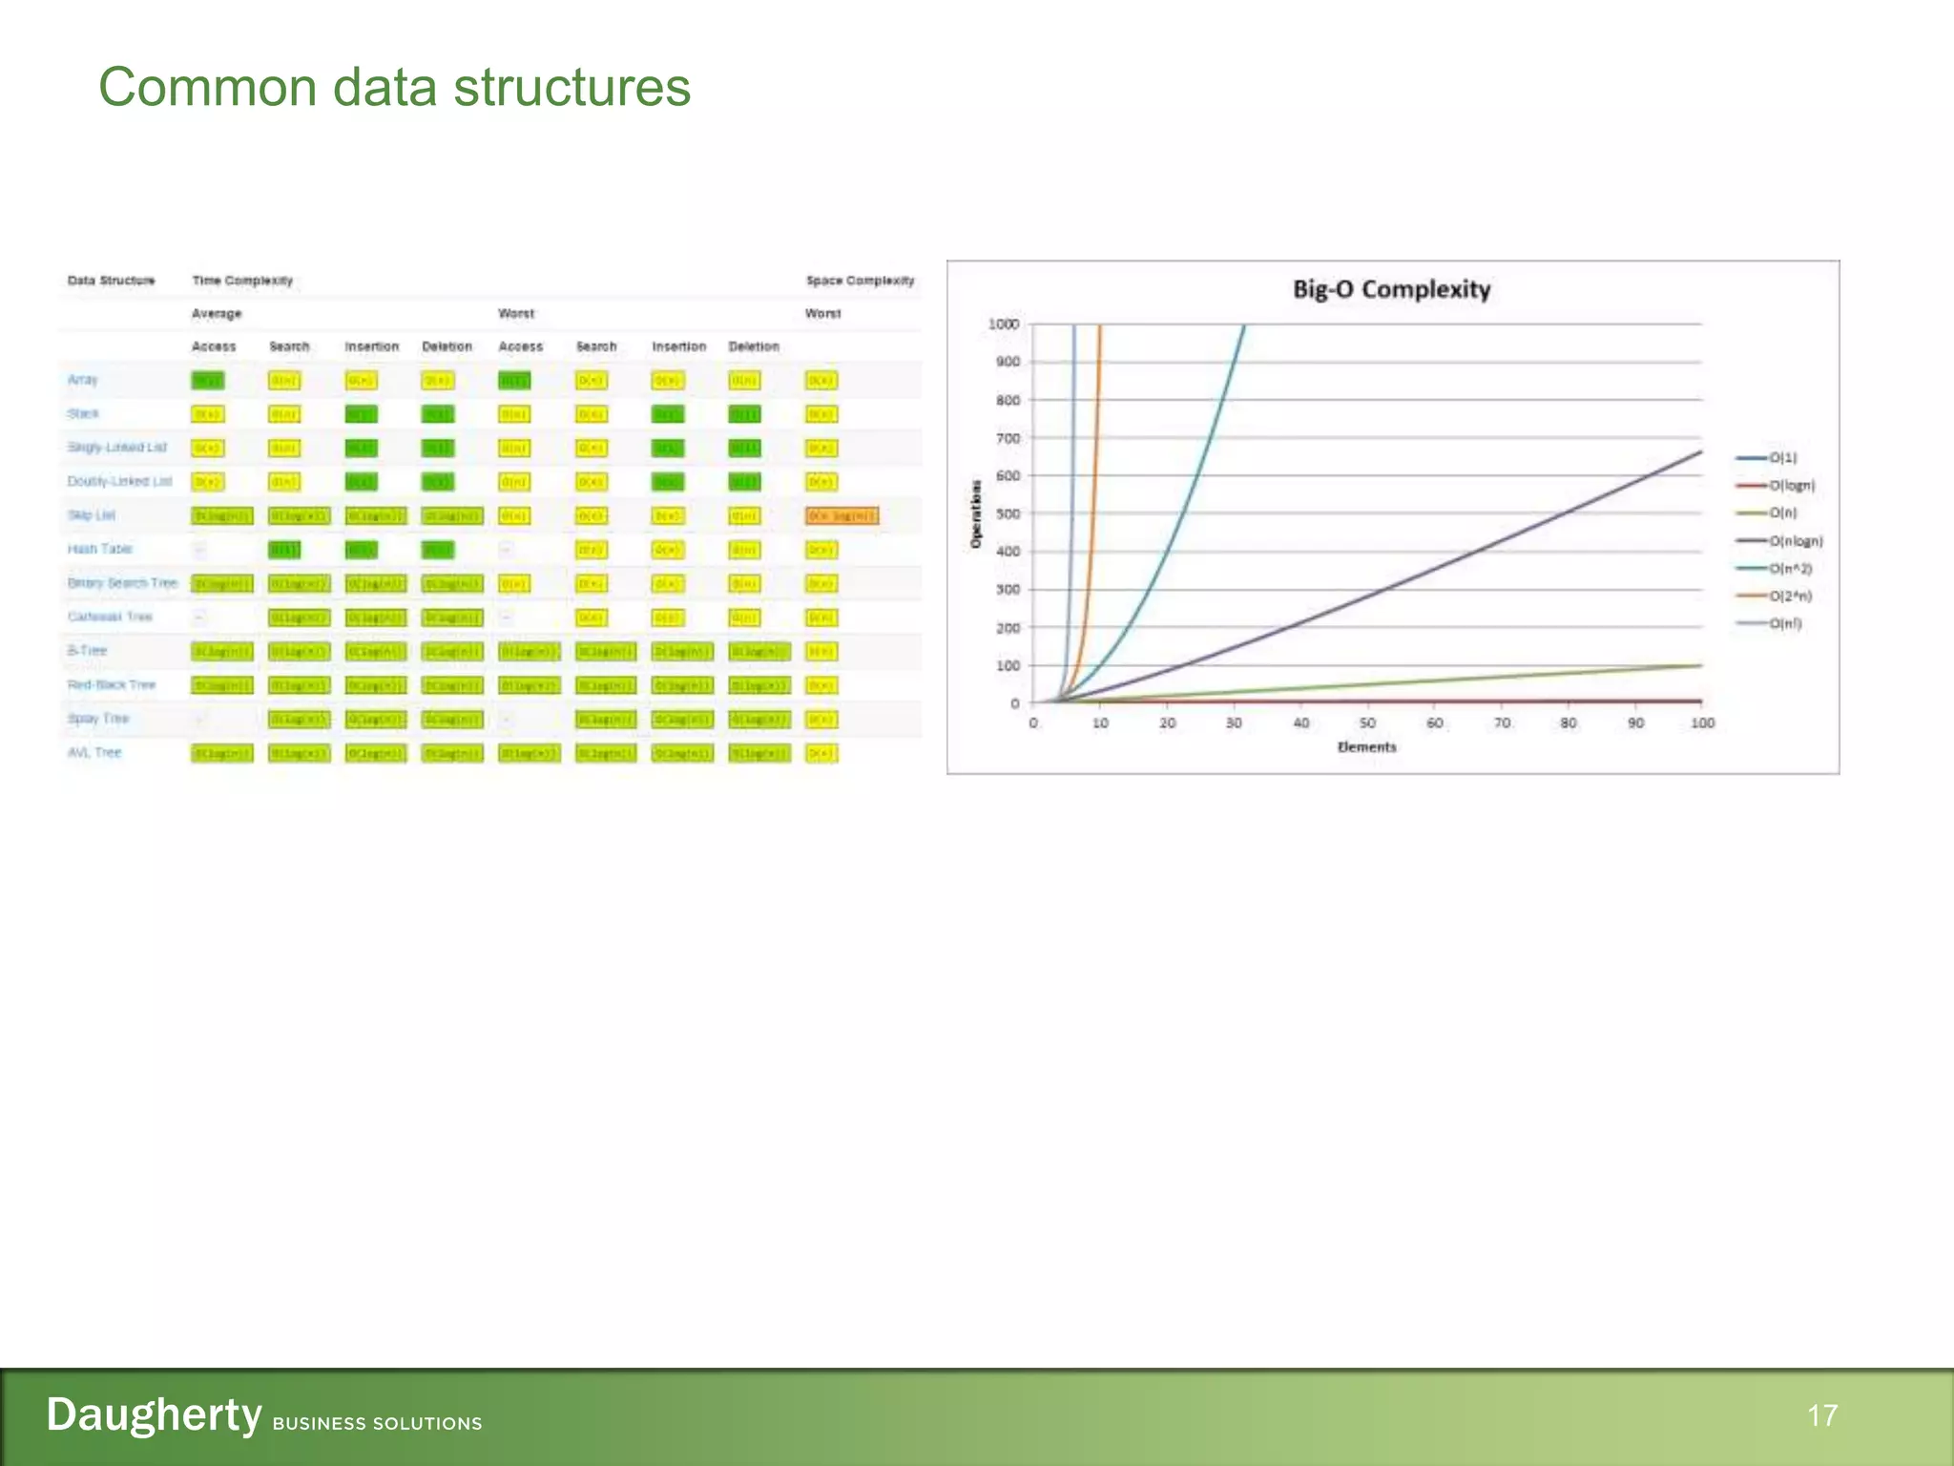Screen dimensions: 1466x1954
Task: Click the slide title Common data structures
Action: [394, 88]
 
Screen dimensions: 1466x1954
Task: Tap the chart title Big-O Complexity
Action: [1391, 289]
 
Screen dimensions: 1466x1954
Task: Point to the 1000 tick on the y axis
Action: [1004, 325]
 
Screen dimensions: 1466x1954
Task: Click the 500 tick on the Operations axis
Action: [1008, 513]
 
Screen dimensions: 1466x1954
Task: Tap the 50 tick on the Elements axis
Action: [1367, 723]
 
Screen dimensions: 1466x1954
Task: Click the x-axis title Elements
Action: [1366, 747]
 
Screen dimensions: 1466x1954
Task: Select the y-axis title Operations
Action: [976, 513]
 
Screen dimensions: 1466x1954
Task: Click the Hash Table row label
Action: [99, 549]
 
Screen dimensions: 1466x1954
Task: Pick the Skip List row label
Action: [91, 515]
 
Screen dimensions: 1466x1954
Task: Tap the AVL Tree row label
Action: [94, 753]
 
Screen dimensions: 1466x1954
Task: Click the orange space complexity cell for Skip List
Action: [842, 516]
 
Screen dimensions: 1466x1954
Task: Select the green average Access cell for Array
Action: [207, 381]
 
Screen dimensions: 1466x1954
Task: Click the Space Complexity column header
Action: [860, 281]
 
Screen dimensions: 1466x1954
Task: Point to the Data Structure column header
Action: [111, 281]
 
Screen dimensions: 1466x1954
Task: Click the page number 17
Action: [1821, 1415]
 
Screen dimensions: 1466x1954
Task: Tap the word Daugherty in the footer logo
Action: [154, 1414]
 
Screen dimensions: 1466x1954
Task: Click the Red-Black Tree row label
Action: [111, 685]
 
